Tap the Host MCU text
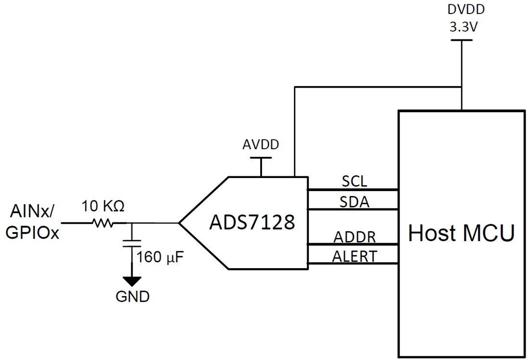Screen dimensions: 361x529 point(461,233)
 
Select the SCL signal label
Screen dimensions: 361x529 point(354,181)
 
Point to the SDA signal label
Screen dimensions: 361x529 point(354,202)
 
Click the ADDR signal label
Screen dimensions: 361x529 point(354,237)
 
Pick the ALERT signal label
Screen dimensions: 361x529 point(354,256)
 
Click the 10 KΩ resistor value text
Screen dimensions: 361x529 point(103,206)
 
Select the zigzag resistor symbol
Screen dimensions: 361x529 point(101,223)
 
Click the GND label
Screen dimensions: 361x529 point(132,297)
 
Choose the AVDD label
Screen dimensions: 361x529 point(261,145)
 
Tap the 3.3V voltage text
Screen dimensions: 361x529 point(462,27)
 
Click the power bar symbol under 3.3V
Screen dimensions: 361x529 point(462,40)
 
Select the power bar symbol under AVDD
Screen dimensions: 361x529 point(261,158)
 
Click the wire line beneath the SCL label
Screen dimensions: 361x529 point(353,190)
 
